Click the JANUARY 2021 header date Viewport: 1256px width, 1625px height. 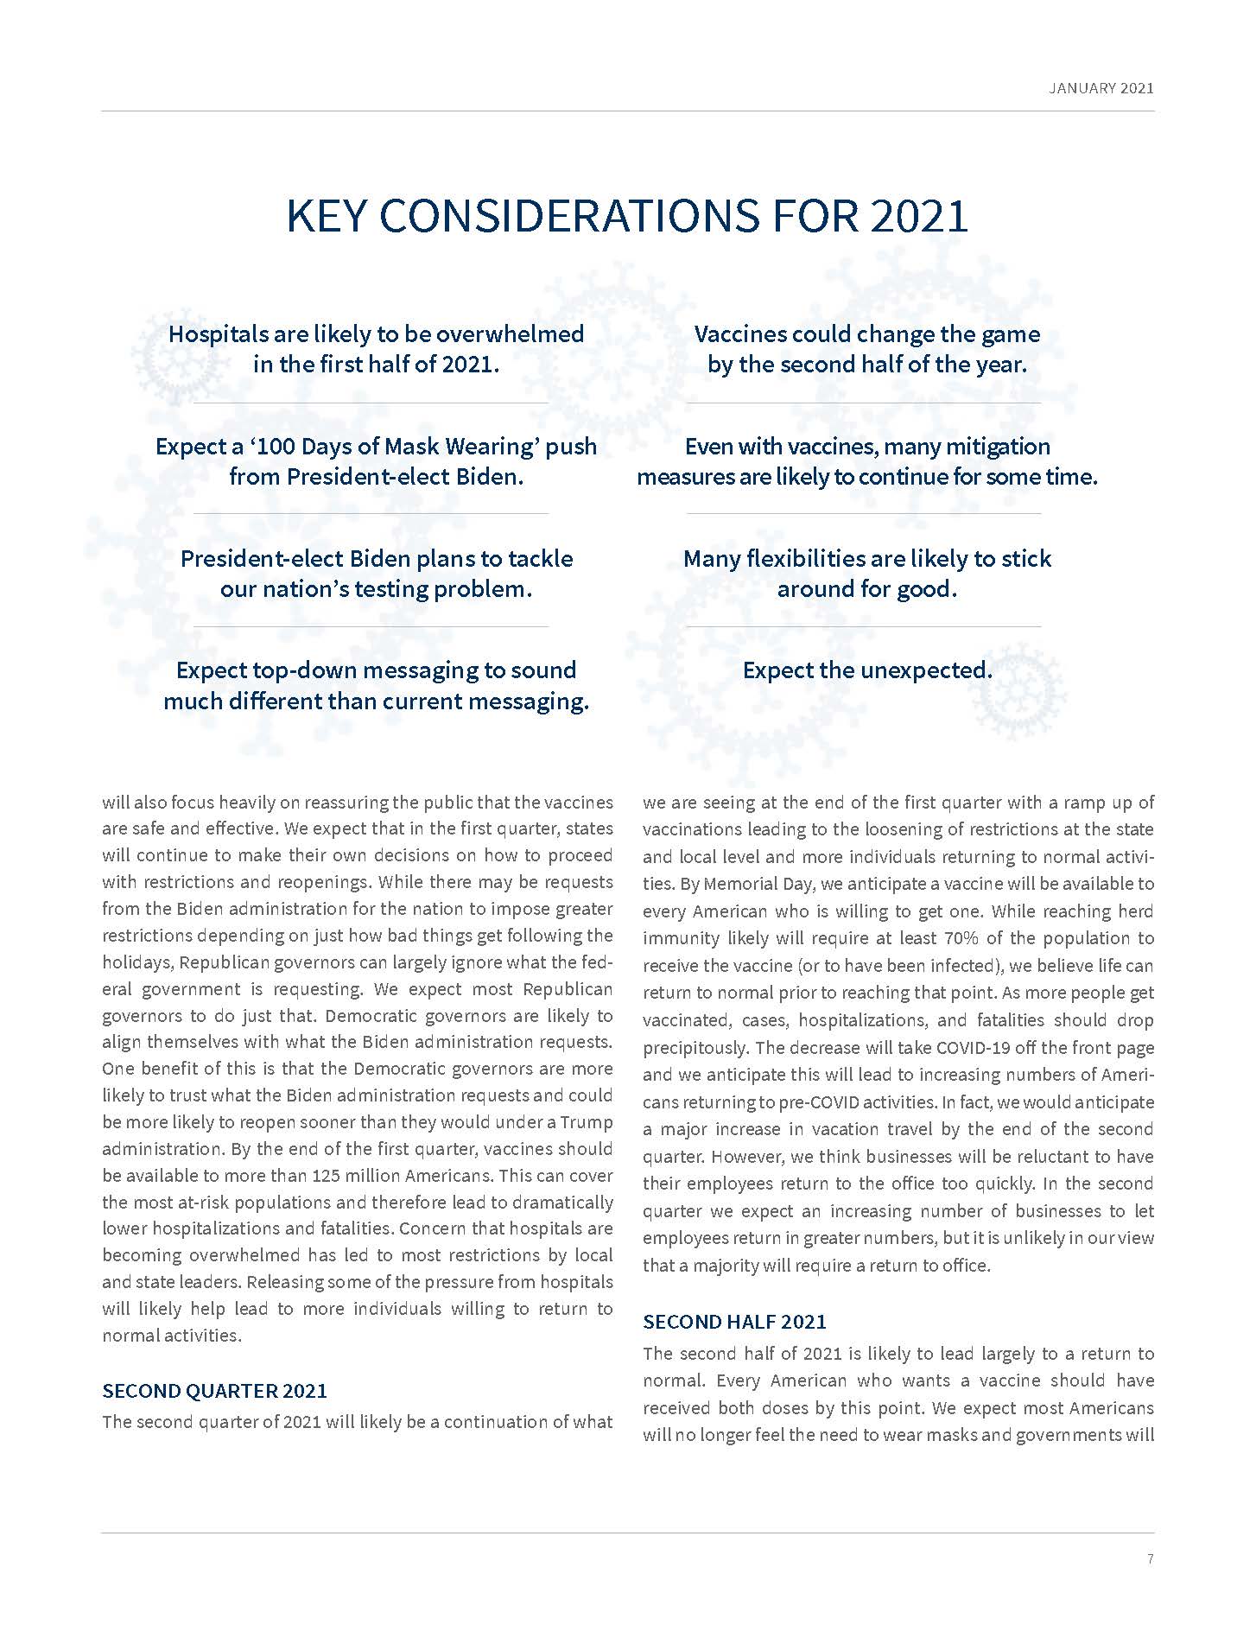[1101, 88]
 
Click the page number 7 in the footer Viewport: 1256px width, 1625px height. [1150, 1558]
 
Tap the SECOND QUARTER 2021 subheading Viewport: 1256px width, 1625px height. [214, 1390]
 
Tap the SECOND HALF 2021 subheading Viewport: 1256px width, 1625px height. [734, 1321]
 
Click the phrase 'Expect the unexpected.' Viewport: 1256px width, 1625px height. [866, 670]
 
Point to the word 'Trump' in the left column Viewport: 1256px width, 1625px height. [587, 1121]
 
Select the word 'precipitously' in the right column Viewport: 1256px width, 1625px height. [694, 1048]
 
